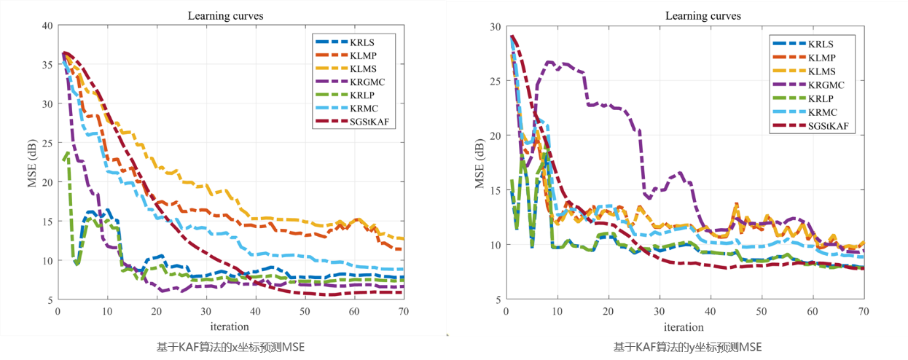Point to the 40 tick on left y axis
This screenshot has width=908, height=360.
[x=47, y=26]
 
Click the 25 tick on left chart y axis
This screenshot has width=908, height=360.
[x=47, y=143]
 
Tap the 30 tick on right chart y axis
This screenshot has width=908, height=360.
[x=496, y=26]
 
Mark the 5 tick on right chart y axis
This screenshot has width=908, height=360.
[x=498, y=299]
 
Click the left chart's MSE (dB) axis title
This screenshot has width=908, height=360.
[x=33, y=162]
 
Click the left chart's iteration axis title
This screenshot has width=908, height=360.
[x=230, y=326]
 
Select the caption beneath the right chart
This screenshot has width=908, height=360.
[x=687, y=348]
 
